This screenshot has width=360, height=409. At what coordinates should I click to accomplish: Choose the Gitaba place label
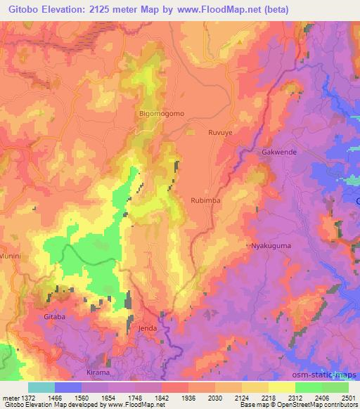pos(55,318)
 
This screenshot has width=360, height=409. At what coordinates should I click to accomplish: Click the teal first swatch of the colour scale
pos(41,387)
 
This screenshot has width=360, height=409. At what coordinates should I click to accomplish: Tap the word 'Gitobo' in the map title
pos(21,8)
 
